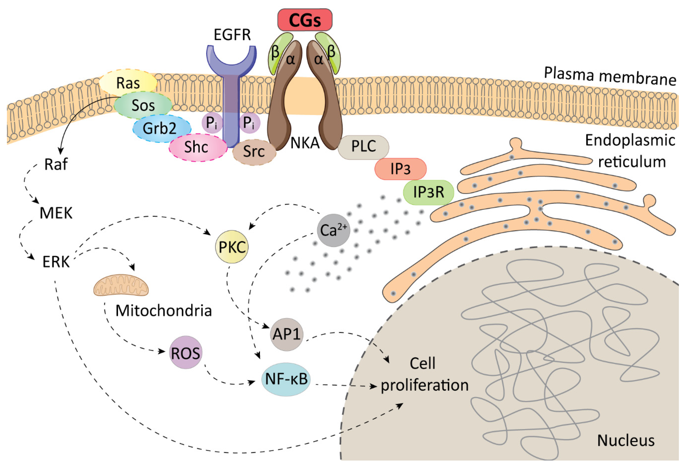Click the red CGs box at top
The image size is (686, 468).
(305, 20)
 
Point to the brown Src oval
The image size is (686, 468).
(254, 152)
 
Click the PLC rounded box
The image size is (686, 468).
(363, 147)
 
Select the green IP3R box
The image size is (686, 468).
(428, 192)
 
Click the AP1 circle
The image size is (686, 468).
(286, 334)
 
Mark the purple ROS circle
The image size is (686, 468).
(185, 353)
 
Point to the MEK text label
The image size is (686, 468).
(56, 213)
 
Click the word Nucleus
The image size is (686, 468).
(626, 440)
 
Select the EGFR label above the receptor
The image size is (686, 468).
(232, 35)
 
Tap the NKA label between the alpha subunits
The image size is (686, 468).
(305, 143)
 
